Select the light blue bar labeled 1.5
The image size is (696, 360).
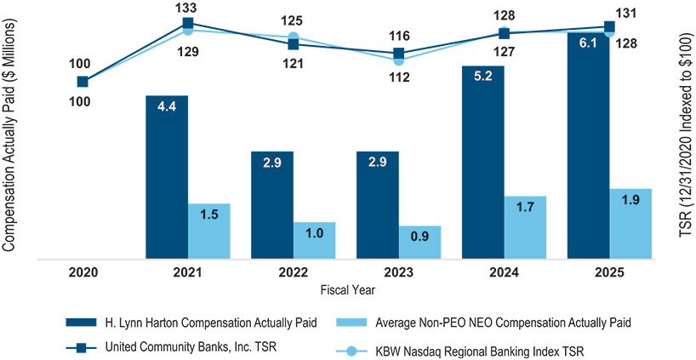209,230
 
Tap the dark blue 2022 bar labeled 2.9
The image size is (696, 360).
272,204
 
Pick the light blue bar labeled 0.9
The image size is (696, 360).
420,242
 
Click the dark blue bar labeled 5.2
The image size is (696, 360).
482,162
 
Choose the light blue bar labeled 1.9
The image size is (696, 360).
630,222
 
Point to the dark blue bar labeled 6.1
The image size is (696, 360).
588,145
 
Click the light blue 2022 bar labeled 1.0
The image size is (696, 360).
315,239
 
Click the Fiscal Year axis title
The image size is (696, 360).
345,290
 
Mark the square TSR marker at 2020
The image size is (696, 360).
83,82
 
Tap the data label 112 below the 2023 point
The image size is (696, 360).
398,77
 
